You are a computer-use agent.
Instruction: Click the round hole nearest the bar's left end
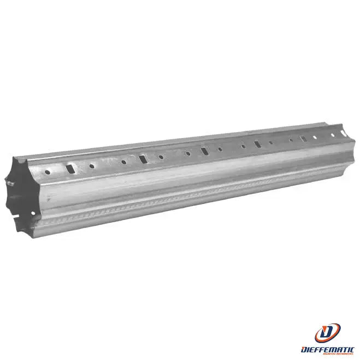pyautogui.click(x=48, y=172)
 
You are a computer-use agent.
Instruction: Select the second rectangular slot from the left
pyautogui.click(x=143, y=159)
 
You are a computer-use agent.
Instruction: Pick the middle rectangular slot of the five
pyautogui.click(x=204, y=151)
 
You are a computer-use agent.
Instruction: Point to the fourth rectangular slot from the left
pyautogui.click(x=257, y=144)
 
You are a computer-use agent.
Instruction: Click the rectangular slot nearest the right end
pyautogui.click(x=304, y=138)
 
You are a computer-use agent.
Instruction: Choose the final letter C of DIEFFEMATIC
pyautogui.click(x=352, y=348)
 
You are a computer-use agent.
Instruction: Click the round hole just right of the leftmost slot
pyautogui.click(x=91, y=167)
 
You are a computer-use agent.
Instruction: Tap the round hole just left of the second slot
pyautogui.click(x=124, y=162)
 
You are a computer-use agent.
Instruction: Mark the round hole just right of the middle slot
pyautogui.click(x=220, y=149)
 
